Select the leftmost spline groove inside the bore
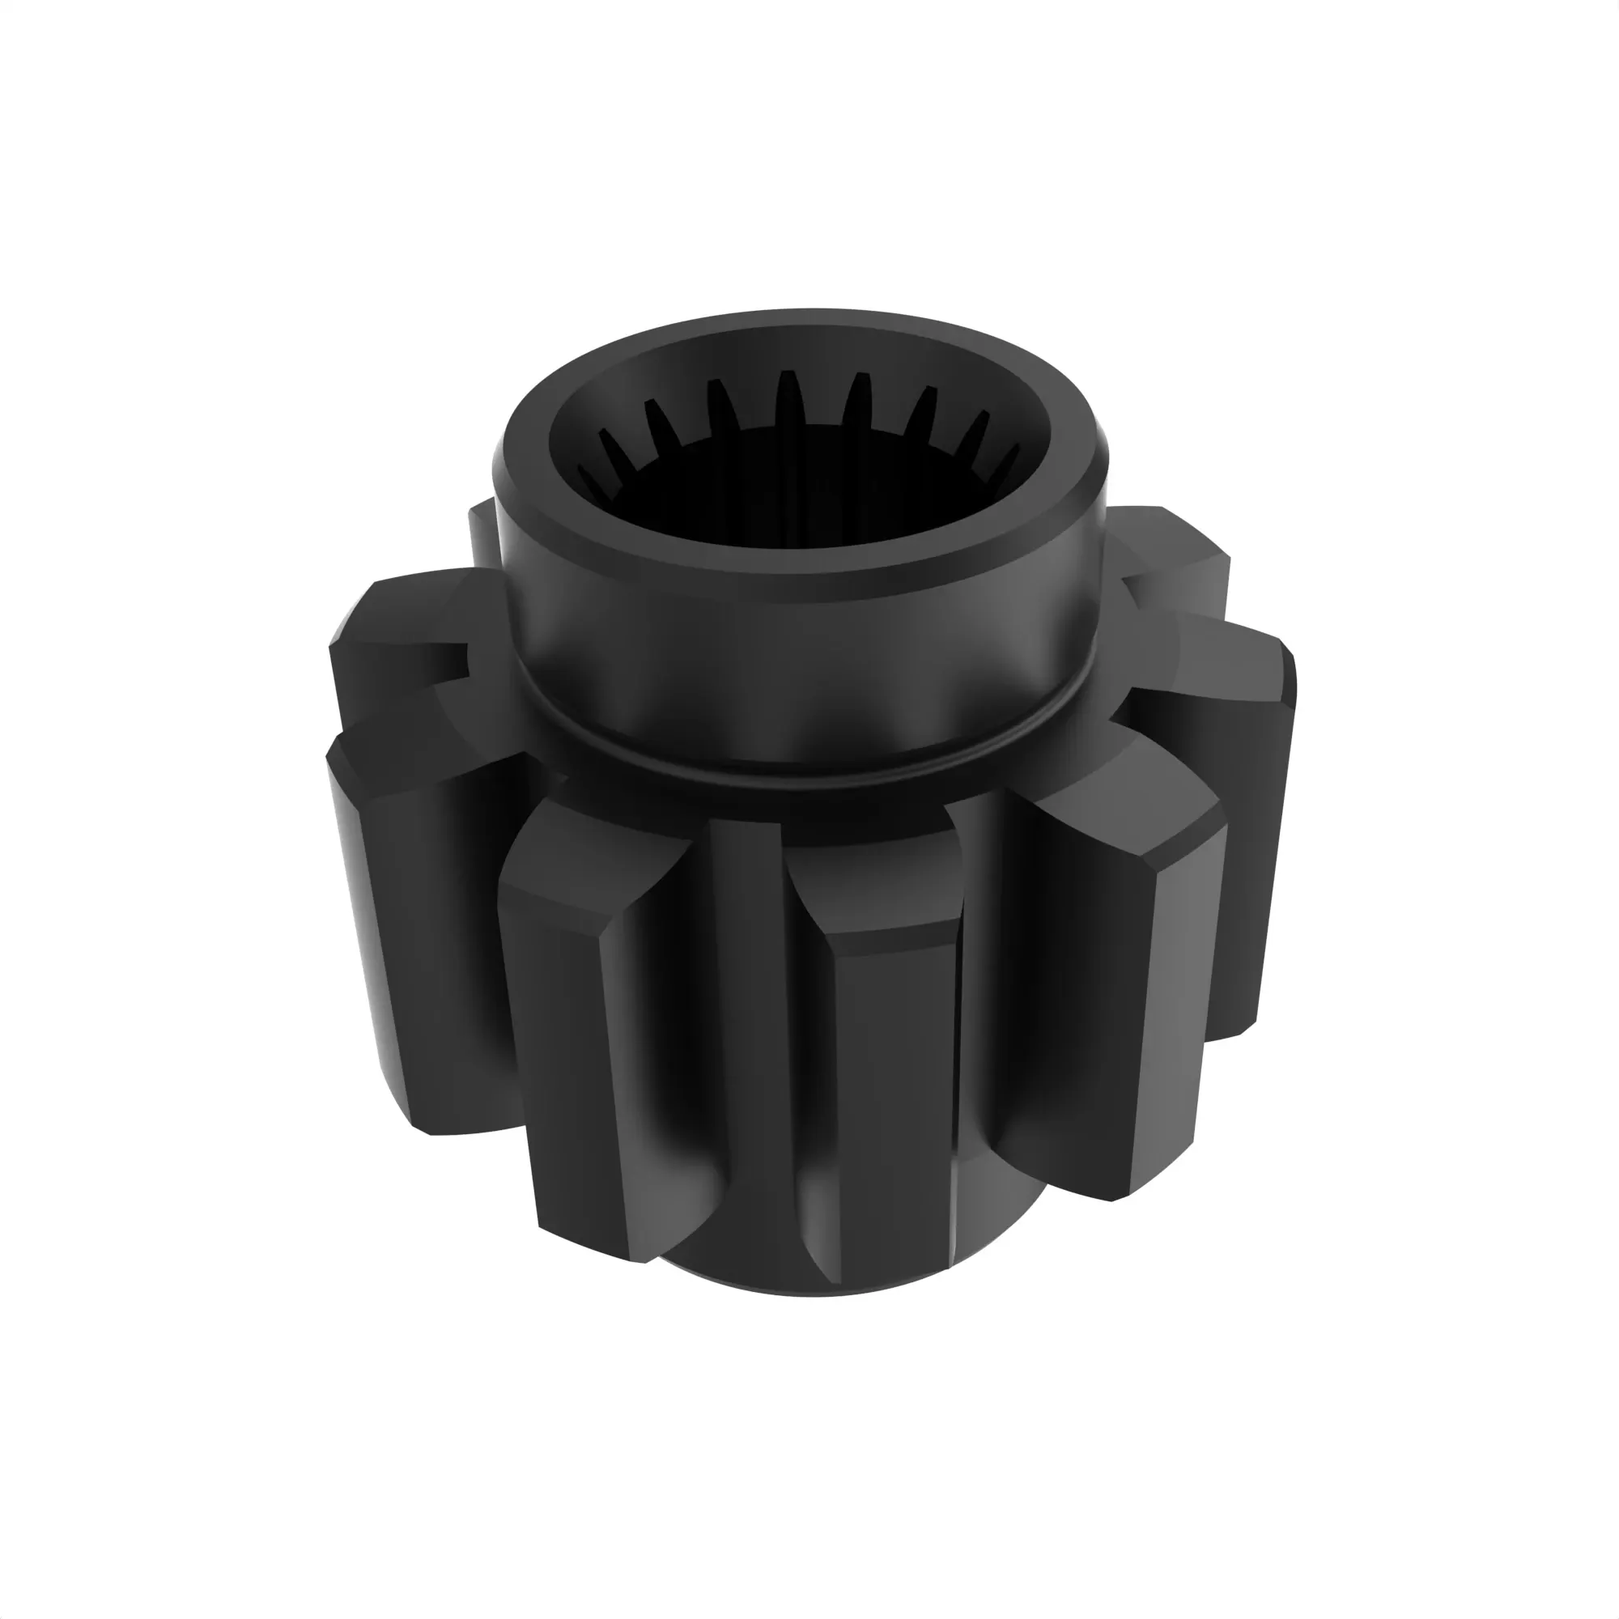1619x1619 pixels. pos(592,481)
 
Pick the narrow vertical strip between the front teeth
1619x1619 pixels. pos(750,1005)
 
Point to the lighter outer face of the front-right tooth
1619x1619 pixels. pos(1173,1005)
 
